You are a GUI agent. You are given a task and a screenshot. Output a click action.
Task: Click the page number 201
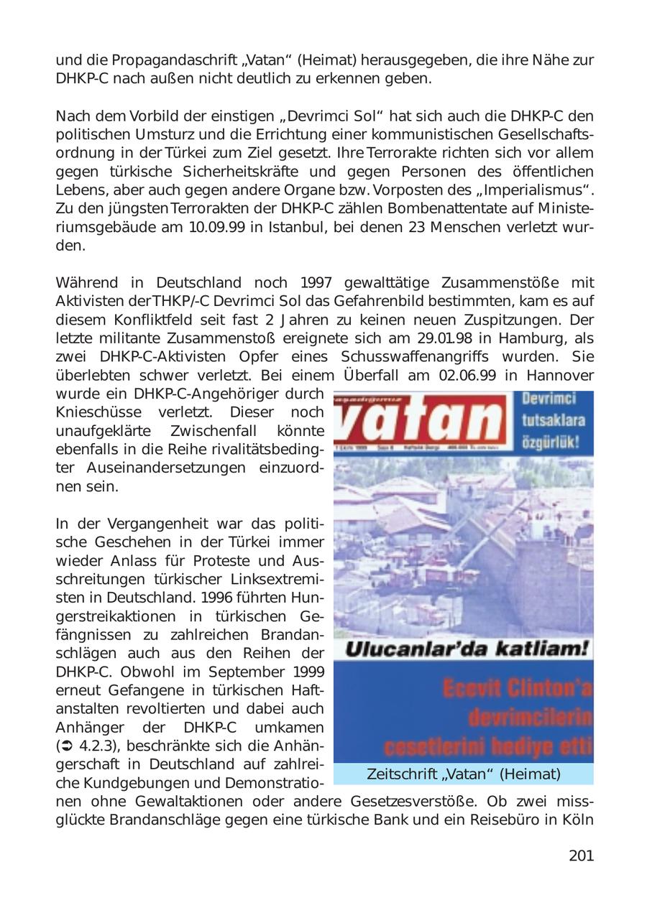pyautogui.click(x=581, y=856)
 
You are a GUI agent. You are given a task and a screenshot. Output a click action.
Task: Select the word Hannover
pyautogui.click(x=560, y=376)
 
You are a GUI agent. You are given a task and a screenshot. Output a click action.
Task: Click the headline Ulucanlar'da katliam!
pyautogui.click(x=467, y=649)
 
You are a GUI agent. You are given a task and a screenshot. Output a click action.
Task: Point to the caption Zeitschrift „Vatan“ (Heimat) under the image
pyautogui.click(x=463, y=774)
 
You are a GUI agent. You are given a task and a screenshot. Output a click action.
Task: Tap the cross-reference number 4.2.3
pyautogui.click(x=89, y=746)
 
